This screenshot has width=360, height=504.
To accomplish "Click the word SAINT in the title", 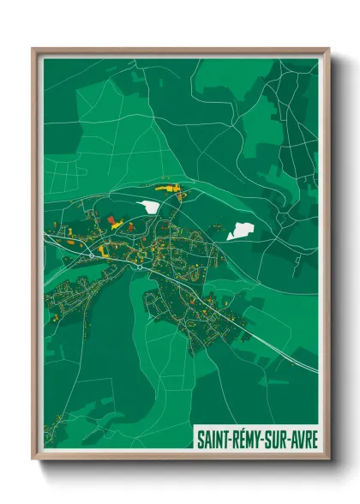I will pos(212,439).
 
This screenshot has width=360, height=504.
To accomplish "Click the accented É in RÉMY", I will pos(241,439).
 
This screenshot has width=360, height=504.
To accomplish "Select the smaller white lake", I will pos(149,207).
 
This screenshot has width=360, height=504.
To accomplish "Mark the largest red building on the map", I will pos(111,220).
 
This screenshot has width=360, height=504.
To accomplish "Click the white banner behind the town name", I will pos(256,439).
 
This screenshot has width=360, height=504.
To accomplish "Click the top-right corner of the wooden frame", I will pos(327,50).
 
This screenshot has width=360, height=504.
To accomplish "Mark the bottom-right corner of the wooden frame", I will pos(327,458).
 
